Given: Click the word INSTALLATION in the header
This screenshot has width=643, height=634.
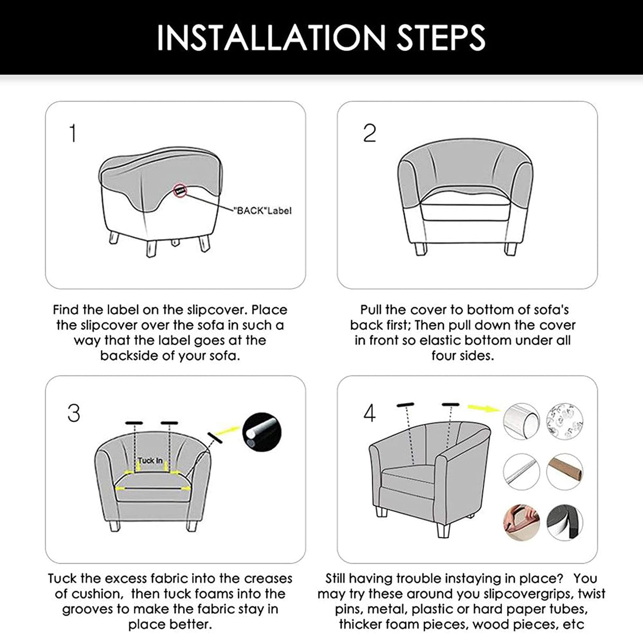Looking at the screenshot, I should point(271,37).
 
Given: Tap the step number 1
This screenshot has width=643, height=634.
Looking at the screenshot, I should point(73,133).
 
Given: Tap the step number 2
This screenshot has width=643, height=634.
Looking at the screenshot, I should point(369,133).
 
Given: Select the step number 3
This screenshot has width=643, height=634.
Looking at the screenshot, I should point(74,413).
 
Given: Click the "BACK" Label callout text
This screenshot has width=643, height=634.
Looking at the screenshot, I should point(262,211).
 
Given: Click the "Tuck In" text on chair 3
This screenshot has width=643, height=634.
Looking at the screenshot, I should point(151,461).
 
